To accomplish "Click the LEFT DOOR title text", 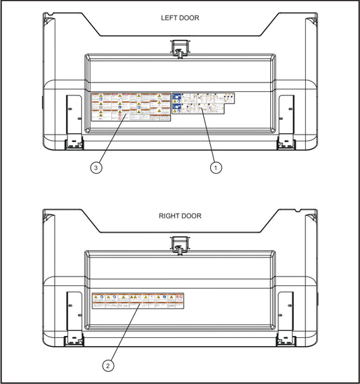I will [180, 18].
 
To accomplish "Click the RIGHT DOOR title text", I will [180, 216].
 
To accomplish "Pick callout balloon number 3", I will [97, 168].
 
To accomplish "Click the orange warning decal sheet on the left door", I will [130, 107].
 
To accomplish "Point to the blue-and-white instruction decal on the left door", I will [202, 103].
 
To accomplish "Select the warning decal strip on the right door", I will [138, 301].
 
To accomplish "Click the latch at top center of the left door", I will [179, 47].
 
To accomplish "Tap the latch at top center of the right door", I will [179, 245].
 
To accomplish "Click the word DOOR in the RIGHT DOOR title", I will [191, 216].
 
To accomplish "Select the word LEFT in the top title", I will [168, 18].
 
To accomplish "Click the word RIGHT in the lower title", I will [169, 216].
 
